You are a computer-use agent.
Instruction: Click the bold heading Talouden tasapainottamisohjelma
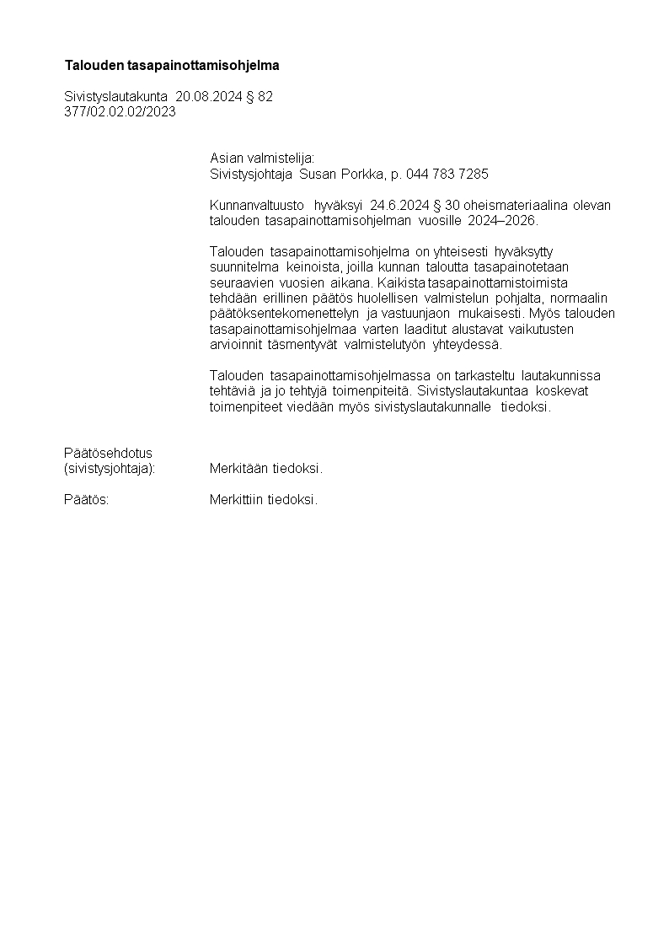[x=172, y=65]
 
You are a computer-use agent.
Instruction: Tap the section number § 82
[x=258, y=97]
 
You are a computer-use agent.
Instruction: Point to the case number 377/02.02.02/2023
[x=120, y=111]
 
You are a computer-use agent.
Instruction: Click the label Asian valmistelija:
[x=261, y=158]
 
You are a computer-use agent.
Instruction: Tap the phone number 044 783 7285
[x=447, y=174]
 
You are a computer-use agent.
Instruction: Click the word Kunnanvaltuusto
[x=257, y=206]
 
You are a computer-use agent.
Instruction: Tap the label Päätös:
[x=86, y=500]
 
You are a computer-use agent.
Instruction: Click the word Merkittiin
[x=237, y=500]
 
